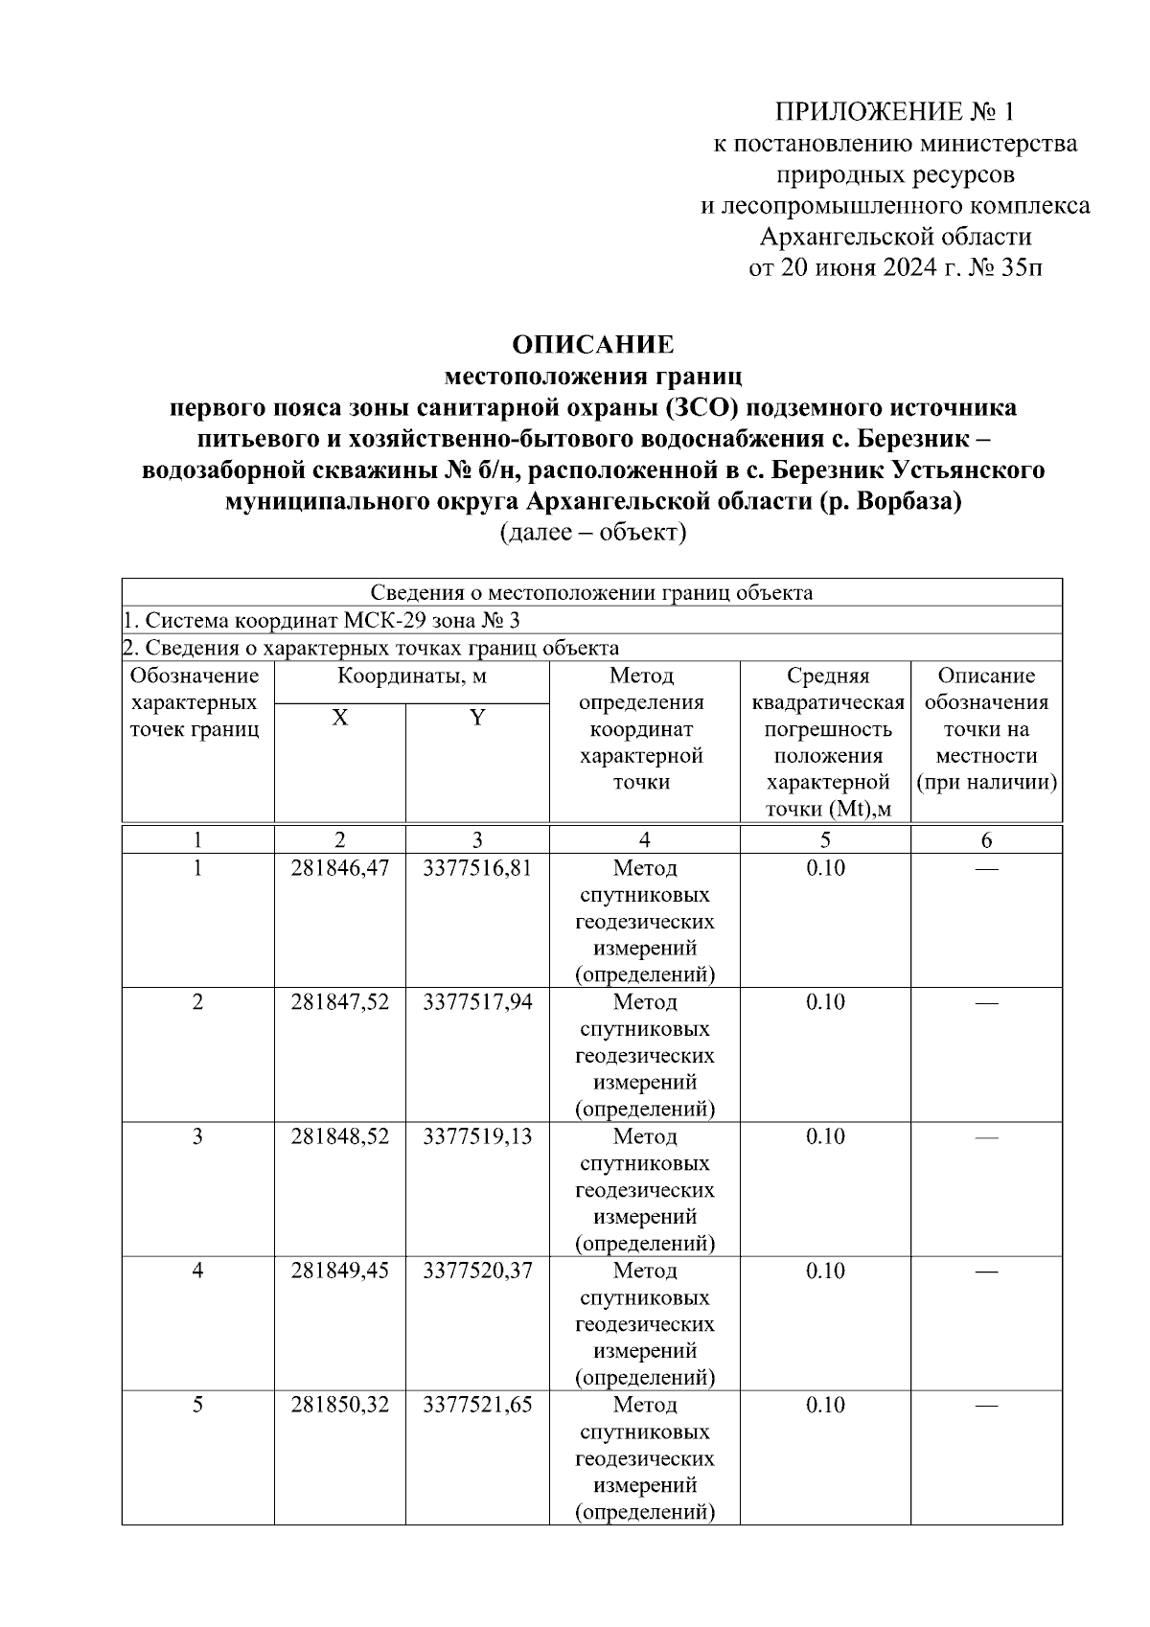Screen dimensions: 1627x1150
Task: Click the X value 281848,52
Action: (340, 1136)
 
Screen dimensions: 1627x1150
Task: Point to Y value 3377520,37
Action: (477, 1271)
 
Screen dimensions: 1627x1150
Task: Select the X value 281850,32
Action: (340, 1405)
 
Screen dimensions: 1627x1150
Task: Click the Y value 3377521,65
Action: (477, 1405)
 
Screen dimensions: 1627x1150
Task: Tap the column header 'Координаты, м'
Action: (412, 676)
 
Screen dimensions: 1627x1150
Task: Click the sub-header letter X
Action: (340, 718)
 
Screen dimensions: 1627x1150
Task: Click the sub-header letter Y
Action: (477, 718)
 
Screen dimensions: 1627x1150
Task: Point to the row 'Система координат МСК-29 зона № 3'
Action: (322, 620)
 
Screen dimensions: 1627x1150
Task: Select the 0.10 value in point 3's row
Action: (825, 1136)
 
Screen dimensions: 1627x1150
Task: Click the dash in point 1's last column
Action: (986, 868)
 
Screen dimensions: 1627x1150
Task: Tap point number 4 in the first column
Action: (197, 1271)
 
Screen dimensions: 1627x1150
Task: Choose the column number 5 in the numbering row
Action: (825, 840)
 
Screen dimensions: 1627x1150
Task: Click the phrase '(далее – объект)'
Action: (592, 533)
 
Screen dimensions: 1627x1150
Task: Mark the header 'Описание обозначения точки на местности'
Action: (986, 729)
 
